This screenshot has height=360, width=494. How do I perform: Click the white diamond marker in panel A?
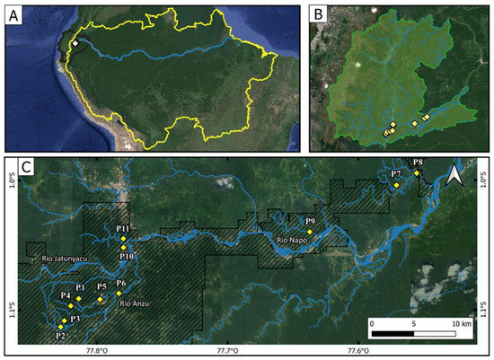[76, 43]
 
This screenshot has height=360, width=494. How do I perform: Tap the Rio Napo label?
[294, 241]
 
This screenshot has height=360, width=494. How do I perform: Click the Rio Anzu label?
[135, 303]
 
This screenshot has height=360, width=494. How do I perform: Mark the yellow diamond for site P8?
[417, 172]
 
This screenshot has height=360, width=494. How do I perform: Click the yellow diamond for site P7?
[396, 184]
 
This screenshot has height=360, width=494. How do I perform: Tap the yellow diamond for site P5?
[101, 299]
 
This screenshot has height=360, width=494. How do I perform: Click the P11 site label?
[124, 230]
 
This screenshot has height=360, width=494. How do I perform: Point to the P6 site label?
[121, 284]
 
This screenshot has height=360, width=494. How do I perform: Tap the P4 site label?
[65, 295]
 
